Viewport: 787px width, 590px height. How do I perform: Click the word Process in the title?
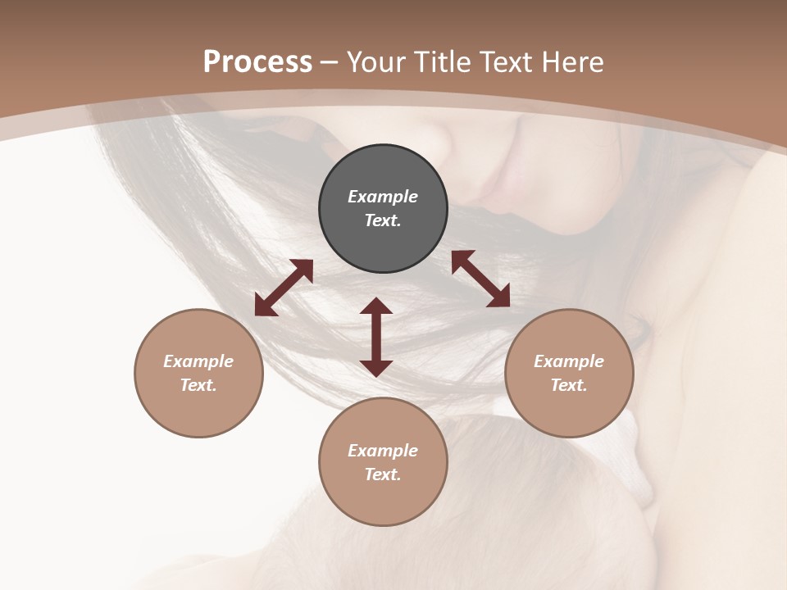[257, 62]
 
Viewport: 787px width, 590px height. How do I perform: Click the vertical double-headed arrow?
[376, 337]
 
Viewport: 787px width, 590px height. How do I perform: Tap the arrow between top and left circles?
[284, 288]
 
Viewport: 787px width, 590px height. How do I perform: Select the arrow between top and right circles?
[480, 279]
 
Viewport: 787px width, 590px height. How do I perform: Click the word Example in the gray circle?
[383, 197]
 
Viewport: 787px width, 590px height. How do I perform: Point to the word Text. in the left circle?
[198, 385]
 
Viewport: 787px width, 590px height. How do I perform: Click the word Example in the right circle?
[569, 361]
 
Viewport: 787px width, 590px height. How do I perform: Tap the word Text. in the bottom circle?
[383, 474]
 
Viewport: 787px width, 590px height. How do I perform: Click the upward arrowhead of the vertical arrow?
[376, 306]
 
